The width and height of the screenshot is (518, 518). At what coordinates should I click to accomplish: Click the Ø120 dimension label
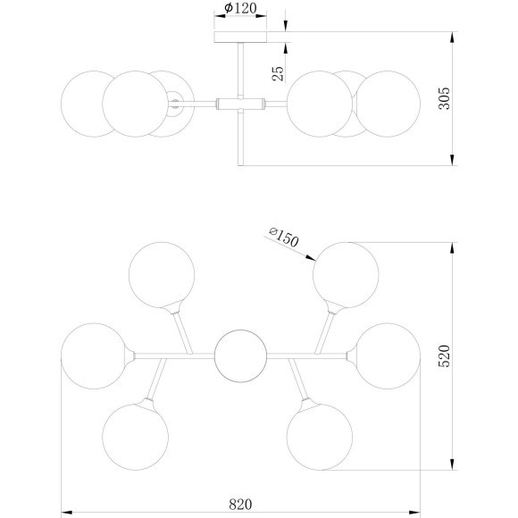[240, 8]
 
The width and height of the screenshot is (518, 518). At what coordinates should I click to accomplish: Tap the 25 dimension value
[278, 73]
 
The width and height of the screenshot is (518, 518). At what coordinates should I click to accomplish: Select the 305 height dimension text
[444, 98]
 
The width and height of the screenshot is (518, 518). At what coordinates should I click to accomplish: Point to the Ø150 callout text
[284, 237]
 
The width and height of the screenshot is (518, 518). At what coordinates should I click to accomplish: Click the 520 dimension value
[444, 355]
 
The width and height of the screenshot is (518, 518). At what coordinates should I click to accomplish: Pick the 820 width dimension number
[240, 504]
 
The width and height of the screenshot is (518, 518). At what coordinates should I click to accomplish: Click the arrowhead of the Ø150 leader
[311, 258]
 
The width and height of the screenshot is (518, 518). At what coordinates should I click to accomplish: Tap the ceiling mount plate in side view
[240, 37]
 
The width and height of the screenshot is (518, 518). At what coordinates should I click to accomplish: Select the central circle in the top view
[240, 355]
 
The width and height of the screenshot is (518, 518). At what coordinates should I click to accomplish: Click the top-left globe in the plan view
[162, 275]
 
